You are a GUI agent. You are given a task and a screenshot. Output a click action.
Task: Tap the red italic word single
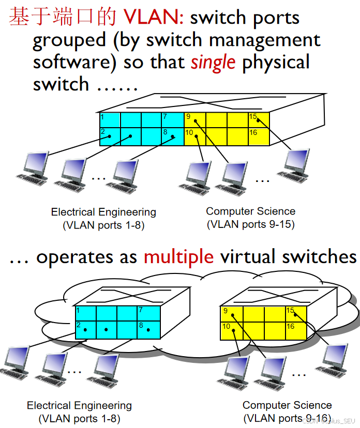point(213,62)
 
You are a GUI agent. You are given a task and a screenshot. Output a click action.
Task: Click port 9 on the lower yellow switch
point(231,314)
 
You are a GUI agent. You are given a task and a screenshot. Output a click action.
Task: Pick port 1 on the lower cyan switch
point(85,313)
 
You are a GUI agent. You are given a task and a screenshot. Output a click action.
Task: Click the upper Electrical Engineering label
point(103,212)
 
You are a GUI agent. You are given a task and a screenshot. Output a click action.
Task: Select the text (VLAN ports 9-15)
point(251,224)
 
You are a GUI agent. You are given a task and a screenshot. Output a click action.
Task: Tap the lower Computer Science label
point(287,405)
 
